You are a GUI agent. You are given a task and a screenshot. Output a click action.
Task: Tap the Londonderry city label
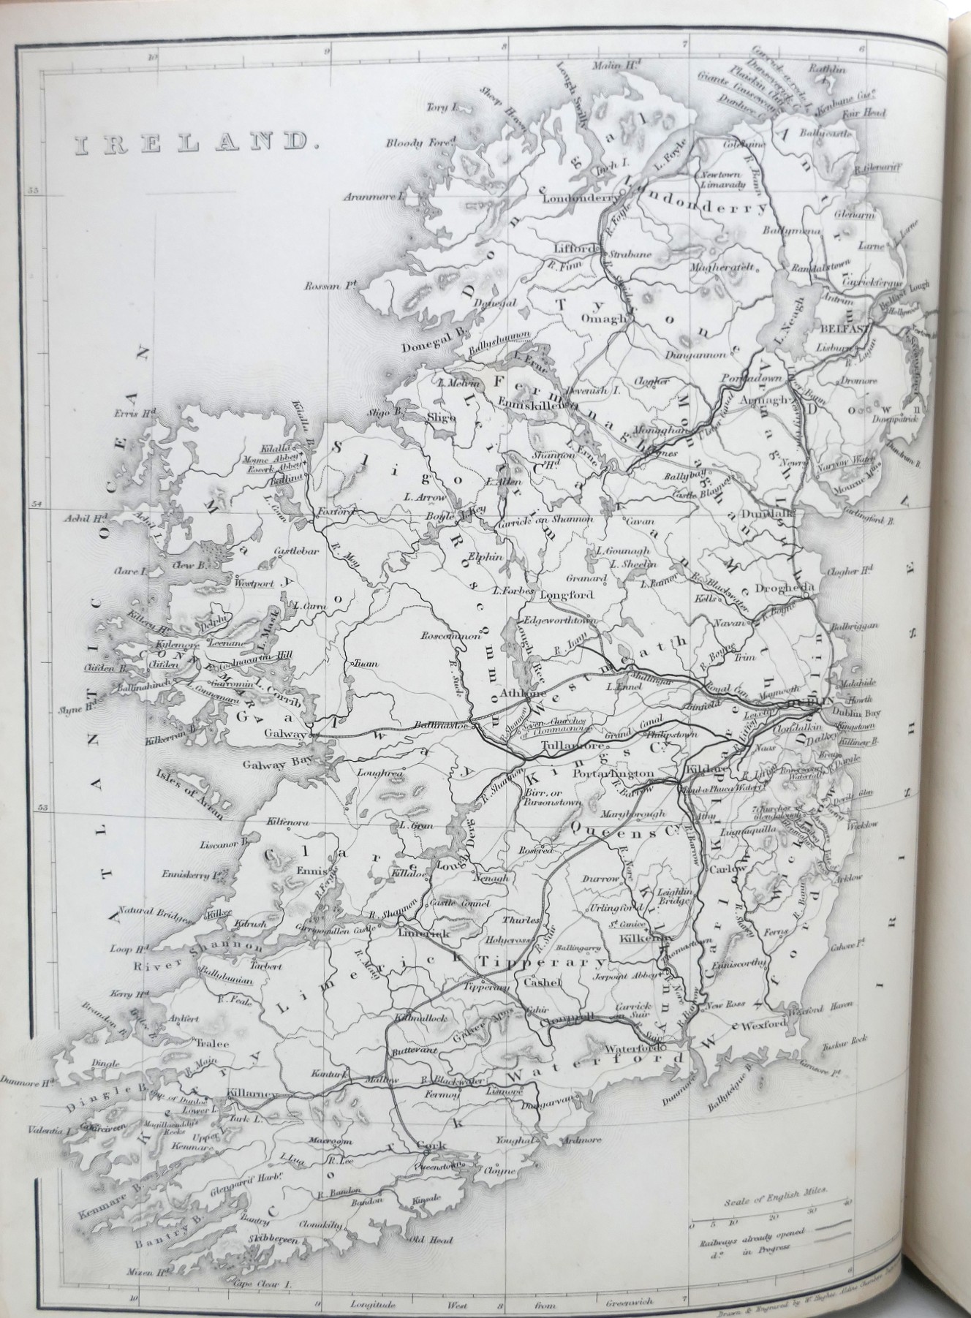coord(580,205)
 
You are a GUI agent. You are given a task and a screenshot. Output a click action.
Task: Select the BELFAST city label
coord(848,328)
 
